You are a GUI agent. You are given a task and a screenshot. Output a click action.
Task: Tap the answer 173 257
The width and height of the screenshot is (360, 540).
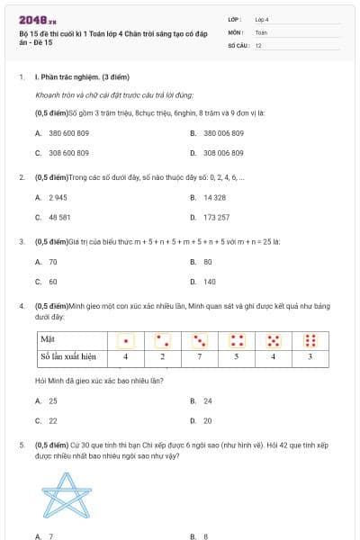216,217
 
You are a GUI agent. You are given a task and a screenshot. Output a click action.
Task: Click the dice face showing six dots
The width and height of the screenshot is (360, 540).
310,340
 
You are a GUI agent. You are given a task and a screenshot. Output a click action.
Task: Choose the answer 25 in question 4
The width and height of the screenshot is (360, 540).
52,400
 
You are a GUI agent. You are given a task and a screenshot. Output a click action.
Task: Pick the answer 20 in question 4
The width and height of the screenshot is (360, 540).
208,420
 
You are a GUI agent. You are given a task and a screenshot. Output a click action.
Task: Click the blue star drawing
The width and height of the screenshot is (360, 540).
69,495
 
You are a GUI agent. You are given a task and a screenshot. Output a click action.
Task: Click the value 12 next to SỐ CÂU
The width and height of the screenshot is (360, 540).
258,44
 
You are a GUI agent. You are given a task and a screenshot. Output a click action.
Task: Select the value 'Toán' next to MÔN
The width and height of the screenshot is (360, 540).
261,31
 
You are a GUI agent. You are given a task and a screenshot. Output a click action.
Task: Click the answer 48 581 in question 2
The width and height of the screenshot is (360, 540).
59,217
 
